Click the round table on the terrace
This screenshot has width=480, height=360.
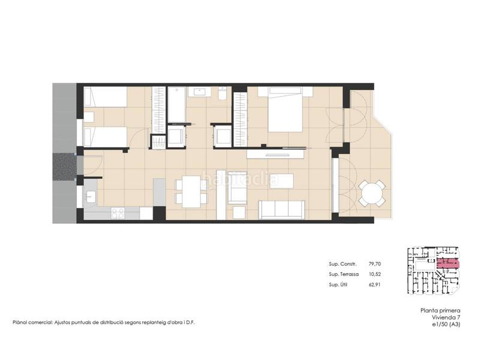371,193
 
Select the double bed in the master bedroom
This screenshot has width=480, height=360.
285,109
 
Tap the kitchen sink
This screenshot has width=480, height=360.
91,197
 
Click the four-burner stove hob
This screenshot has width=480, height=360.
118,214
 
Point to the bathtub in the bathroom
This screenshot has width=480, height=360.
176,104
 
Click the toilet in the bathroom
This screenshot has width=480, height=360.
222,93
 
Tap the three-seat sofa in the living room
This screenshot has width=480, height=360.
281,210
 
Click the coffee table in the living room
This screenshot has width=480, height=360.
281,181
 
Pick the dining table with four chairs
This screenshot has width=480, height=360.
191,192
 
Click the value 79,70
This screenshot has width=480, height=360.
374,264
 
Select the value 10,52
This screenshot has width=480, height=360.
374,274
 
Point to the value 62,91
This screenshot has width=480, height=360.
374,284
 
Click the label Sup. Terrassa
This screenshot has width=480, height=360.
343,274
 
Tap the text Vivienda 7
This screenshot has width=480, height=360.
446,317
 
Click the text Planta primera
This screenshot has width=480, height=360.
440,311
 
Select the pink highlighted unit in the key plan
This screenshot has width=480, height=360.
448,263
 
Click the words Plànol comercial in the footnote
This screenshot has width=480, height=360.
32,322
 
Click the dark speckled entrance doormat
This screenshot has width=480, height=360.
64,167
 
